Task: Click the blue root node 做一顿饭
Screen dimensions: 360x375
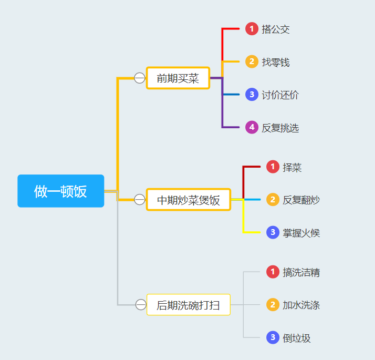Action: point(60,191)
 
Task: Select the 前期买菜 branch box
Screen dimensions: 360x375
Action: point(178,78)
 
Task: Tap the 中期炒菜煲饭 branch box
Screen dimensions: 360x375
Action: point(188,200)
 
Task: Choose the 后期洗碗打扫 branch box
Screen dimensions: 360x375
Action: point(188,305)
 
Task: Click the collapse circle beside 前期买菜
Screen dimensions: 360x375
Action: point(140,78)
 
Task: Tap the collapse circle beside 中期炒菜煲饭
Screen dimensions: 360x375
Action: point(140,200)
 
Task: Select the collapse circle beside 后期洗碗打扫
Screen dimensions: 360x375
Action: point(141,305)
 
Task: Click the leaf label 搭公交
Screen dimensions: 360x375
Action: point(276,29)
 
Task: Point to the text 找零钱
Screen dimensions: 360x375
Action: point(276,63)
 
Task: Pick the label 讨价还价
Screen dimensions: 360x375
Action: point(280,95)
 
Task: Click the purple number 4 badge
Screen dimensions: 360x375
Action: point(252,127)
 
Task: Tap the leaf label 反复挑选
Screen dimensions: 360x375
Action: point(280,128)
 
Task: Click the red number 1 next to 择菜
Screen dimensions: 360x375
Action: point(273,167)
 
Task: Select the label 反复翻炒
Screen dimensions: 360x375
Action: point(301,200)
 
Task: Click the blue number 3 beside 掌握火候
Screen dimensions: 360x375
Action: point(273,232)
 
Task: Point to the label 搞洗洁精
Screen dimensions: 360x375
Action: point(301,272)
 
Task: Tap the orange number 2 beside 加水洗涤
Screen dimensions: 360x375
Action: point(273,305)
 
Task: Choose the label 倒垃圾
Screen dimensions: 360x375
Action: point(297,338)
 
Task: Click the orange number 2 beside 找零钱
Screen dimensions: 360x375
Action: point(252,62)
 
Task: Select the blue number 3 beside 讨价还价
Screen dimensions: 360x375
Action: point(252,95)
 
